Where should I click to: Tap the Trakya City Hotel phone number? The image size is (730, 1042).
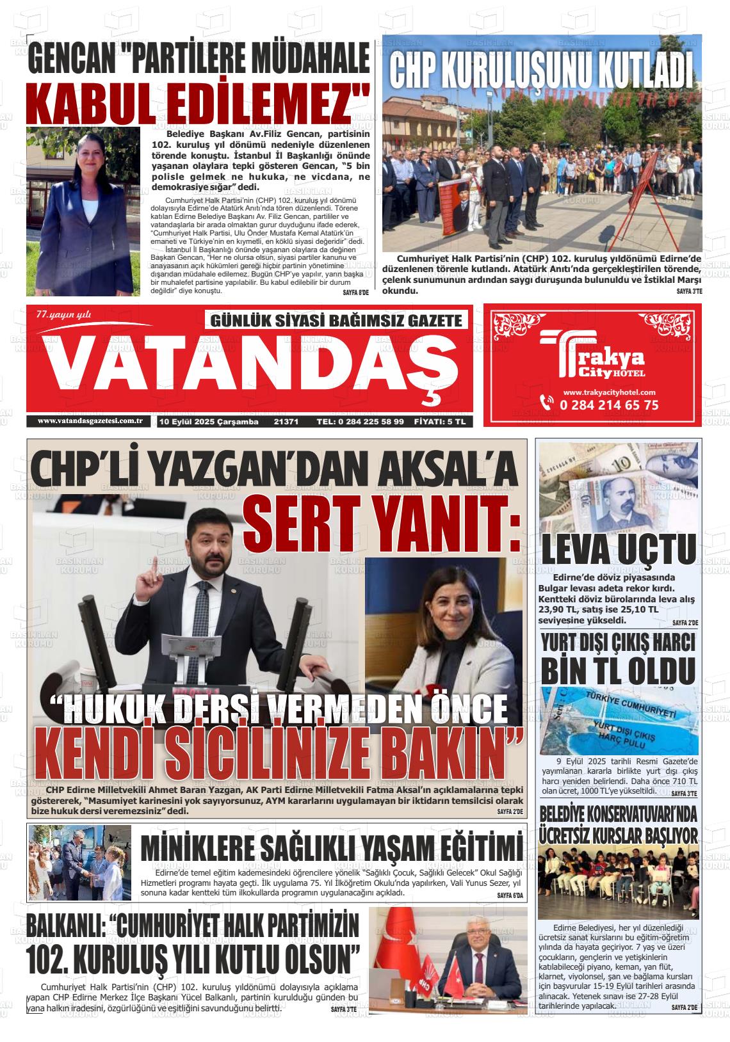click(x=608, y=405)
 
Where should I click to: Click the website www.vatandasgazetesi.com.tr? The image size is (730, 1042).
click(x=89, y=421)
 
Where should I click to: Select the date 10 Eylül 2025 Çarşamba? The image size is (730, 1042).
click(x=209, y=422)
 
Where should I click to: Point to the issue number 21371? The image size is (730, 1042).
click(x=286, y=422)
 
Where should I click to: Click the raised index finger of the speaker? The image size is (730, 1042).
click(x=146, y=566)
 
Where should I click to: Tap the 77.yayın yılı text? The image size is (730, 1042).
click(x=64, y=314)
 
